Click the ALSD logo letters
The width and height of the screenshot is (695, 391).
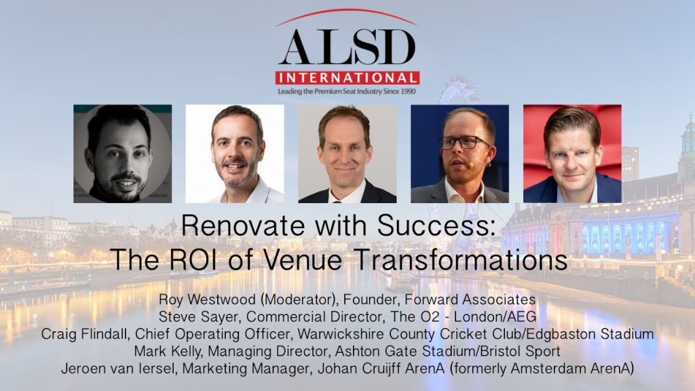tap(347, 48)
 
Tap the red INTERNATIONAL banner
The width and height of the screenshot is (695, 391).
tap(347, 78)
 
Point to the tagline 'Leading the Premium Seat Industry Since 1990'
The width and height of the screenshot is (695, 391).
tap(347, 92)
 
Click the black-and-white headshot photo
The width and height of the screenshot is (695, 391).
tap(122, 154)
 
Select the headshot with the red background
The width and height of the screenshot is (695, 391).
tap(572, 154)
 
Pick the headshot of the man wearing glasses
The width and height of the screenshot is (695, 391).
tap(459, 154)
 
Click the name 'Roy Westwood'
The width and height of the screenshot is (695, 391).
tap(208, 299)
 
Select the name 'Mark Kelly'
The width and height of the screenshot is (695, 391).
tap(168, 351)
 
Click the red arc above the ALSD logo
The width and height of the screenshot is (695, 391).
tap(347, 10)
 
